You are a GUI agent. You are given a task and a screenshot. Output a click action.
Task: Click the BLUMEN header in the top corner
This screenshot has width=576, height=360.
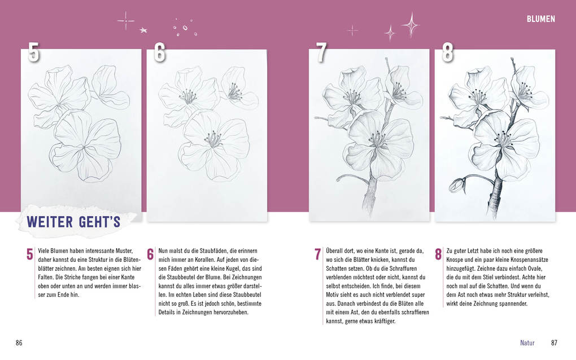(541, 19)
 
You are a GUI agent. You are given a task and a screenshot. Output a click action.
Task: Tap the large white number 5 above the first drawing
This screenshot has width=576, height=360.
(33, 52)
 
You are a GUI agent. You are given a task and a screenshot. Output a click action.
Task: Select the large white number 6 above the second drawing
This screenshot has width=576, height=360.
(159, 52)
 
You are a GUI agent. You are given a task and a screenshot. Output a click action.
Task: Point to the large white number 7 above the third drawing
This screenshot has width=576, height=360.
(321, 52)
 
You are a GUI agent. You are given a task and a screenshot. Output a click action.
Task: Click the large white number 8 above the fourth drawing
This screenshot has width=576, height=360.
(447, 52)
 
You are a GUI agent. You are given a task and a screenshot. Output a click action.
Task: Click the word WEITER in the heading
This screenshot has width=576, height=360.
(50, 222)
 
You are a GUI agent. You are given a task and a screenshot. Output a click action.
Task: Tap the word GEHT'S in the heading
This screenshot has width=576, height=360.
(99, 222)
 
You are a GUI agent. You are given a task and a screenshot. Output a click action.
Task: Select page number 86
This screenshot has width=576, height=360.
(19, 343)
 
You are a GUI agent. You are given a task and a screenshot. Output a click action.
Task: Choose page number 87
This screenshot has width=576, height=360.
(554, 343)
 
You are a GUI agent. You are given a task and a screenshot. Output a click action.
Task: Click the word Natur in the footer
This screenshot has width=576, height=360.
(527, 343)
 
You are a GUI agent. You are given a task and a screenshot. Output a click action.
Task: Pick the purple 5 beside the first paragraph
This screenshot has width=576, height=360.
(30, 254)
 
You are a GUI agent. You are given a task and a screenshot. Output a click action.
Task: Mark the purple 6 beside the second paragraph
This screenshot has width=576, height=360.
(150, 254)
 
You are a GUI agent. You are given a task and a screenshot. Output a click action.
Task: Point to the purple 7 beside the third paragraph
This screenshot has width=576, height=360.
(318, 254)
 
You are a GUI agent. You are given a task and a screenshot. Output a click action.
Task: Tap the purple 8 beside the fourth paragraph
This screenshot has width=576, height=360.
(438, 254)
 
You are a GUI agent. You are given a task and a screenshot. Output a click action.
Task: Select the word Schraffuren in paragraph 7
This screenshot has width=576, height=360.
(403, 269)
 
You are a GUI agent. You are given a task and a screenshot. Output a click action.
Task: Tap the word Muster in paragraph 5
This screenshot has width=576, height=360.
(124, 251)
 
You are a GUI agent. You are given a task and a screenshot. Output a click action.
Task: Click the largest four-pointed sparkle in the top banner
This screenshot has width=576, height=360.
(411, 25)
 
